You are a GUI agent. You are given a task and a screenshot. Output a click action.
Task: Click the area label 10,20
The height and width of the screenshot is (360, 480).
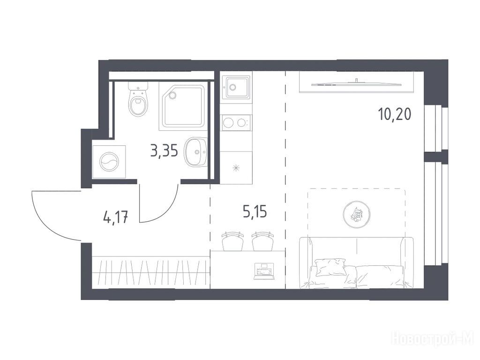point(394,115)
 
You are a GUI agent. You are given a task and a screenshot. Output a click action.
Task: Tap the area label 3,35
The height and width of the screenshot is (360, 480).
point(164,151)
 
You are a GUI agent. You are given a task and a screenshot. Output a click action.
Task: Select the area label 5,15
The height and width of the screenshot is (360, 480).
point(255,212)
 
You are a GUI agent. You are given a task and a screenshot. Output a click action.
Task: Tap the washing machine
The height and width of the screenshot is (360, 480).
point(109,162)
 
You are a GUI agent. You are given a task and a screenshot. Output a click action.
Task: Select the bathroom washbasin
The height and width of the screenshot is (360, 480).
point(196,151)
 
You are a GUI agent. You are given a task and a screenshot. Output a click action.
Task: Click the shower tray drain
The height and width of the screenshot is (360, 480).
point(172,95)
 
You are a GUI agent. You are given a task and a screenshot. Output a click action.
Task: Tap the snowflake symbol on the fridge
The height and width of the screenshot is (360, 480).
point(236,168)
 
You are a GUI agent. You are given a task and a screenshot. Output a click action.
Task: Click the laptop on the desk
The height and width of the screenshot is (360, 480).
point(264,271)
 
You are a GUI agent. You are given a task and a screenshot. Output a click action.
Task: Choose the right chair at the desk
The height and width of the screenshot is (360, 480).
point(262,241)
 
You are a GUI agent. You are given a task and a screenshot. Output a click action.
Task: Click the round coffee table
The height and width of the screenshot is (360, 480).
point(357,214)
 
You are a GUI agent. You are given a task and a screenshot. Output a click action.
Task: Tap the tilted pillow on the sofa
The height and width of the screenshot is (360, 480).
point(330,267)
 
